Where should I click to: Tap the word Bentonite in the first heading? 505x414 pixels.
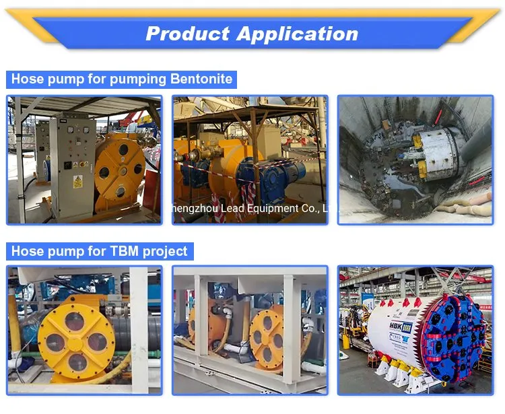[199, 79]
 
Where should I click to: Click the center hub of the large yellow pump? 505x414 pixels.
[76, 342]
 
